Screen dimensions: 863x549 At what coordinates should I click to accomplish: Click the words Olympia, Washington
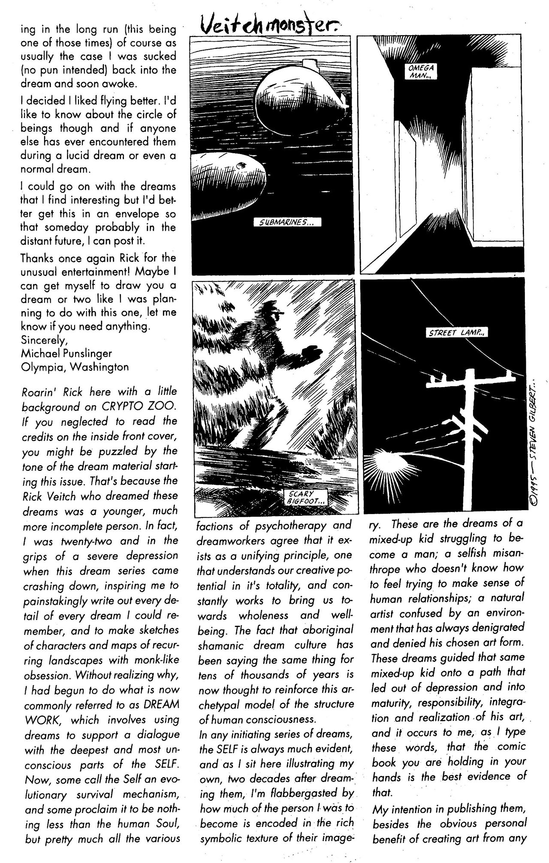click(74, 367)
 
